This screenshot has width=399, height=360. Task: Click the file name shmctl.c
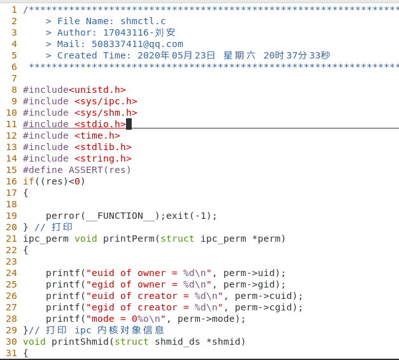point(143,21)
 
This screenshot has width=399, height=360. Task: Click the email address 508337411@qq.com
point(137,44)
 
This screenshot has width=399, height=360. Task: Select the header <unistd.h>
point(97,90)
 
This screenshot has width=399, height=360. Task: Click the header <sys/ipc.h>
point(106,101)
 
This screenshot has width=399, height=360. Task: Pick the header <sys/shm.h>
point(106,113)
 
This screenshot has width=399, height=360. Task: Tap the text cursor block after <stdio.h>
point(129,124)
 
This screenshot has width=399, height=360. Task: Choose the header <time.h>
point(97,135)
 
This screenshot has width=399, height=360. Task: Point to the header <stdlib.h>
point(102,147)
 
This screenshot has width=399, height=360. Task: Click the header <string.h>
point(102,158)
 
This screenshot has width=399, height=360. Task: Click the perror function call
point(62,216)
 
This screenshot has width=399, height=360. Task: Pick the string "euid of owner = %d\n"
point(148,273)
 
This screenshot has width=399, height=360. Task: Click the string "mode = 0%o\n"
point(125,319)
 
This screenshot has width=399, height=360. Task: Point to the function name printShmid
point(80,342)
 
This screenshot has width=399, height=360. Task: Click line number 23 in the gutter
point(11,261)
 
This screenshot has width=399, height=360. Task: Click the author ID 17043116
point(125,32)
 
